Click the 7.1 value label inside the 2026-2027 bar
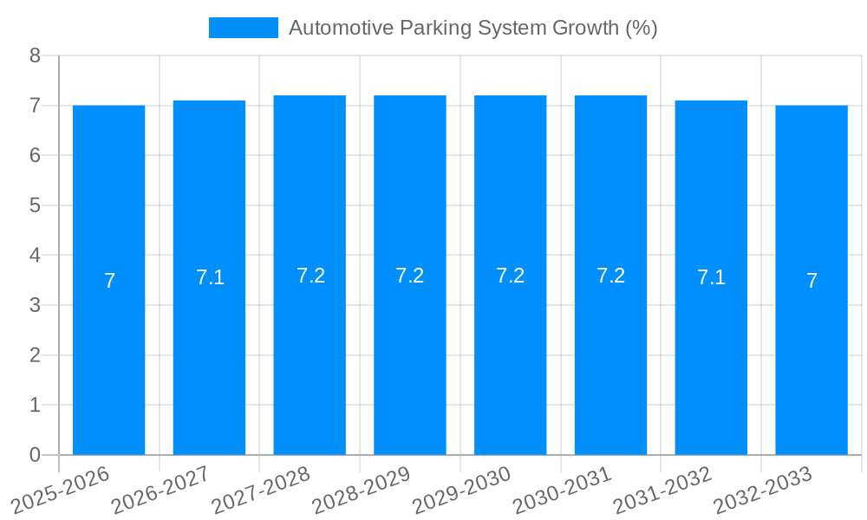[210, 277]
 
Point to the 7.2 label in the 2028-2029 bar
[409, 276]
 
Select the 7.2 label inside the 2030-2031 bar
[610, 276]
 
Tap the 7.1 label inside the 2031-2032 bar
[711, 277]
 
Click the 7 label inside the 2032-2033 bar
[812, 281]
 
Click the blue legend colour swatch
[244, 28]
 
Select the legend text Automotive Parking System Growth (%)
[473, 28]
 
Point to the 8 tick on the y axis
[35, 55]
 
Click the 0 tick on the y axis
[35, 455]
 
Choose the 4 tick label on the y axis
[35, 256]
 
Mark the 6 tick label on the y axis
[35, 156]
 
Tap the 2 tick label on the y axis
[35, 355]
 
